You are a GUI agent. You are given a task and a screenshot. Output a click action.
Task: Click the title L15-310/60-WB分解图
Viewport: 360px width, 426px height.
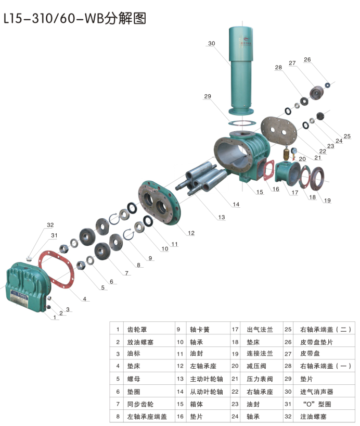coord(75,18)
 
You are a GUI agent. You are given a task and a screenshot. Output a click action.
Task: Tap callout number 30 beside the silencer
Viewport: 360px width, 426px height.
coord(212,43)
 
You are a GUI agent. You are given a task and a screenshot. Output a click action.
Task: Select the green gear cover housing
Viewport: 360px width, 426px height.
coord(28,287)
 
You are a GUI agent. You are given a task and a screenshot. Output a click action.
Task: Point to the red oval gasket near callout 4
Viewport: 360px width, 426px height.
coord(56,269)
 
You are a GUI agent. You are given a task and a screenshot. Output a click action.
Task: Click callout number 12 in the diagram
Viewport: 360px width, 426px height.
coord(191,233)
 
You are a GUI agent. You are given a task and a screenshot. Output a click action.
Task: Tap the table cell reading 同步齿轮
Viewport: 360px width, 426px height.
coord(140,404)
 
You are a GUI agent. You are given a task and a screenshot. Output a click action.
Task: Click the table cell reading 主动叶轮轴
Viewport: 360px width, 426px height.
coord(207,379)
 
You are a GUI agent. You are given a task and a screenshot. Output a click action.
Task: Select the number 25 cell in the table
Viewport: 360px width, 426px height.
coord(288,329)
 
